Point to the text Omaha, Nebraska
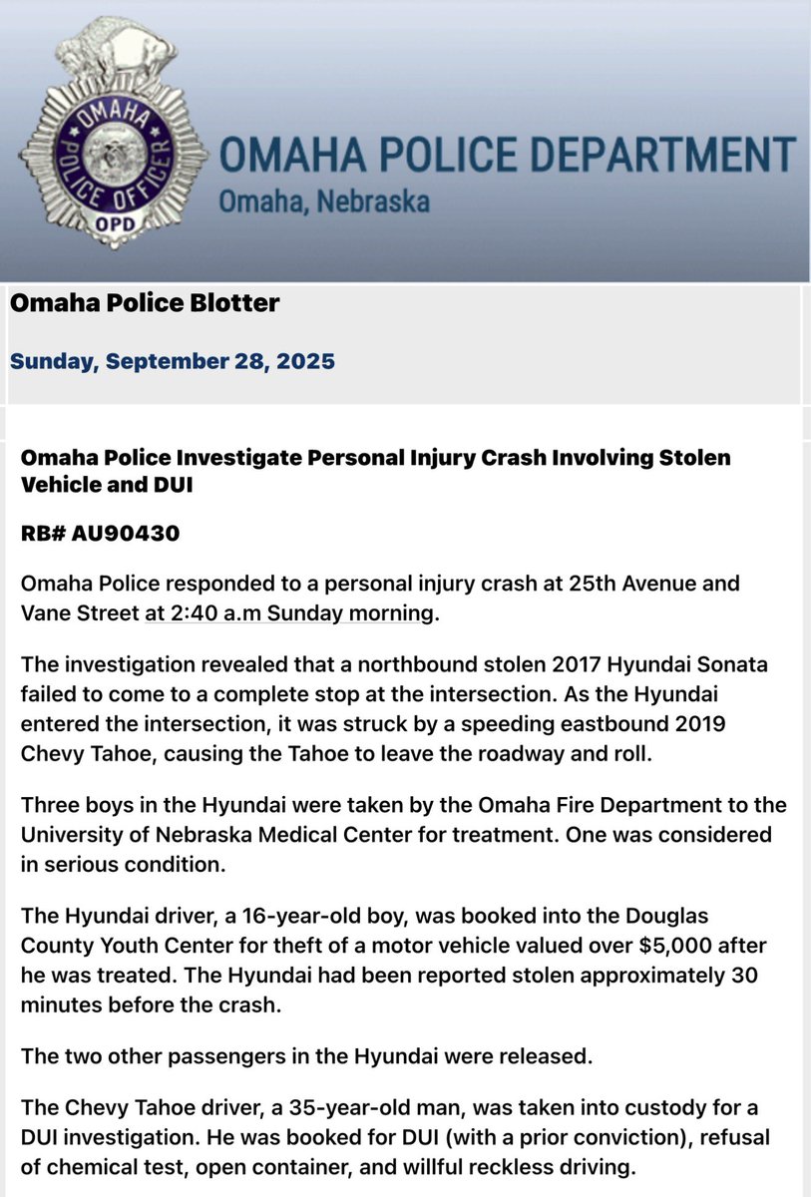point(324,201)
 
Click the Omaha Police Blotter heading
point(145,303)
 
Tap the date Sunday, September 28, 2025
point(172,361)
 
